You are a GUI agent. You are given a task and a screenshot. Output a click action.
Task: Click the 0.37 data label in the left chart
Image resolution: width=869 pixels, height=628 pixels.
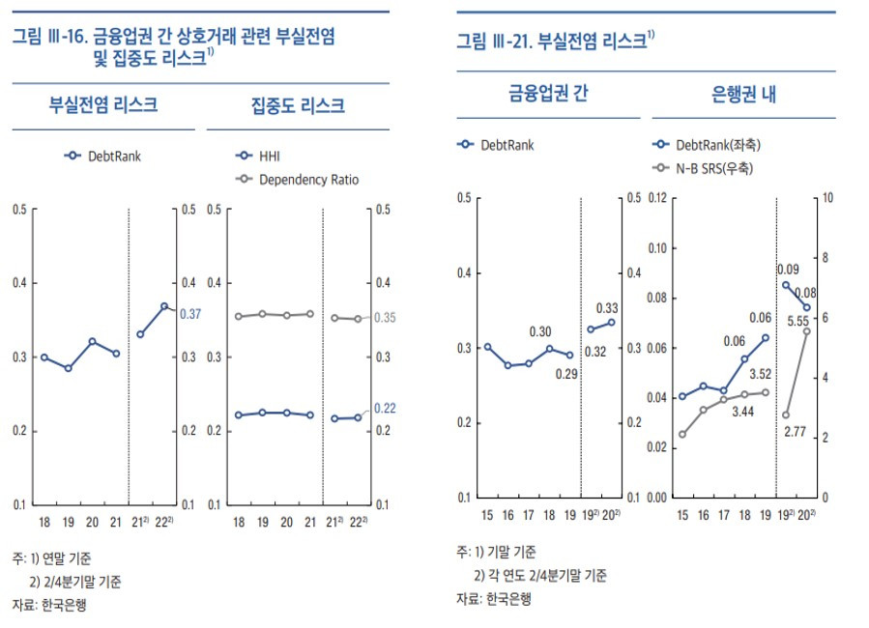point(190,313)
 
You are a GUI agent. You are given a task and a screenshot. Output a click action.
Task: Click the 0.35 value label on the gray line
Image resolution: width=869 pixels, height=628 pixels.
point(385,318)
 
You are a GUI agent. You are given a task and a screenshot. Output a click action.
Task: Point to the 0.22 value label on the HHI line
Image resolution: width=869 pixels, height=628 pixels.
point(385,408)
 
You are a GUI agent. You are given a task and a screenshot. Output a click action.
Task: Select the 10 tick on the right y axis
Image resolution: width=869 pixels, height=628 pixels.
point(827,197)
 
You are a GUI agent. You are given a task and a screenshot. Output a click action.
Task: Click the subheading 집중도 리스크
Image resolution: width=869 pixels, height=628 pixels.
point(298,106)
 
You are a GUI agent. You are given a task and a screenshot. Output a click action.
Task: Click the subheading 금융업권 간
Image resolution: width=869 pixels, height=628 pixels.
point(548,94)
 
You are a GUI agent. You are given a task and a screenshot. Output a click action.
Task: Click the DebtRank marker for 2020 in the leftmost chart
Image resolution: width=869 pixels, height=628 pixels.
point(93,341)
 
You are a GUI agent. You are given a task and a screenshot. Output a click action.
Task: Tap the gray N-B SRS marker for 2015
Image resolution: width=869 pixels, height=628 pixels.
point(681,435)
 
